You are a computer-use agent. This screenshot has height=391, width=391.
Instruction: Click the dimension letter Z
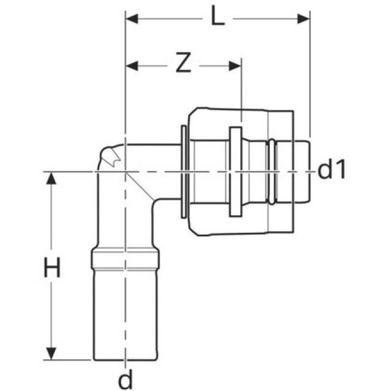[182, 64]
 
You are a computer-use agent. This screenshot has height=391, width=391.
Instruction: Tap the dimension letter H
[53, 268]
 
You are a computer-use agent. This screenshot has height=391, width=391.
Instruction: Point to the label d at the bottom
[125, 380]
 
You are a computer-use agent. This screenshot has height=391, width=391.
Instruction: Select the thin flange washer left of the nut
[184, 172]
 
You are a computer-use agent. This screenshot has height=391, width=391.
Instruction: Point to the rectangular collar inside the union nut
[235, 172]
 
